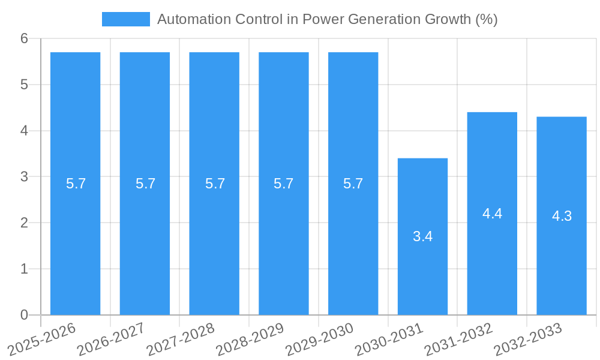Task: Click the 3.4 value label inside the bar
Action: click(422, 236)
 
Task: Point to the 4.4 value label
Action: click(492, 214)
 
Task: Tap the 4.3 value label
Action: click(562, 217)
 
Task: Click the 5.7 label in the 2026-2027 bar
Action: click(145, 184)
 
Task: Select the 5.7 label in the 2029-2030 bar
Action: click(353, 184)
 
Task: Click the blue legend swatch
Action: click(126, 19)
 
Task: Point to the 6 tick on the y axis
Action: click(25, 38)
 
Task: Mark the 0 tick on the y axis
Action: click(25, 315)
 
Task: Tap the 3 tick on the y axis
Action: click(25, 177)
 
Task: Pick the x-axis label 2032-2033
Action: click(528, 339)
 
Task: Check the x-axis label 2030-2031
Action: click(389, 339)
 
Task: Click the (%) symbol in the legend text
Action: click(486, 19)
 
